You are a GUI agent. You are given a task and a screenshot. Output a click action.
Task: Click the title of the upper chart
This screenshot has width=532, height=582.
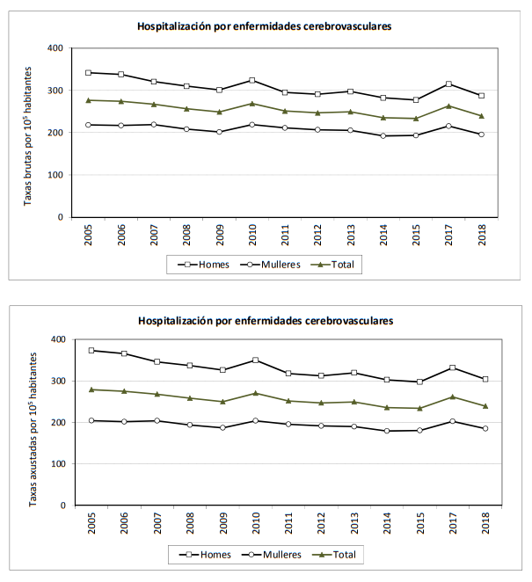264,26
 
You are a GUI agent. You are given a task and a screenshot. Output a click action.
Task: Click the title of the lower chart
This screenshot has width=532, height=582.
265,320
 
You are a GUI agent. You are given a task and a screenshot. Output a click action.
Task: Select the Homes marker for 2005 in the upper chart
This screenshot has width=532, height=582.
89,73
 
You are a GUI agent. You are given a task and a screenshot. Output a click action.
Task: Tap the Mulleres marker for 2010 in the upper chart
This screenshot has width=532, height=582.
253,125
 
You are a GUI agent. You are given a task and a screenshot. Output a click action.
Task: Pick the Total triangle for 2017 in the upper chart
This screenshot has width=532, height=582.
449,105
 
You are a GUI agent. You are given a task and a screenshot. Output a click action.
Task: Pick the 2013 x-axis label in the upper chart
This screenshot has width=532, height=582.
352,235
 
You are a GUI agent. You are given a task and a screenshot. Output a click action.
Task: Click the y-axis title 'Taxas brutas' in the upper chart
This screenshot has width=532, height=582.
30,132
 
